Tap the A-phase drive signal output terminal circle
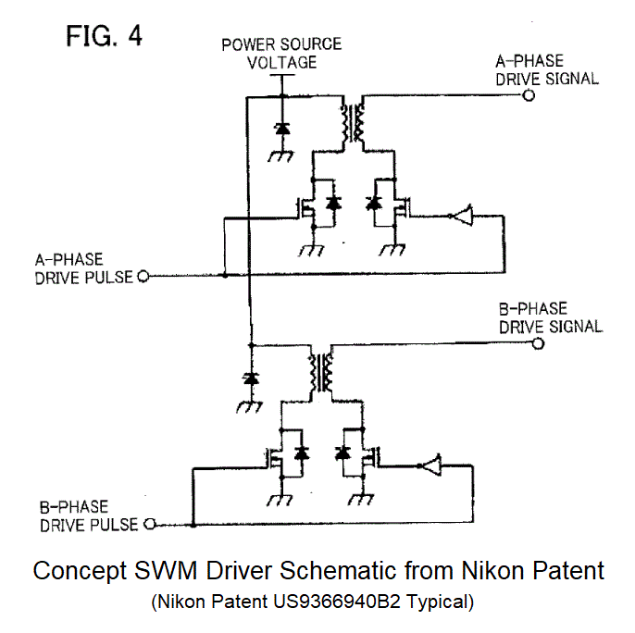529,94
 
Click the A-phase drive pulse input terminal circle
143,276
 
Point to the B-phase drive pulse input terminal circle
147,525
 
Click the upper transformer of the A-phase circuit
353,122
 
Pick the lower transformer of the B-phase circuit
322,372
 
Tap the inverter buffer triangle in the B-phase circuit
430,466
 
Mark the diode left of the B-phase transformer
249,379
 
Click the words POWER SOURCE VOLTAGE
281,53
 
